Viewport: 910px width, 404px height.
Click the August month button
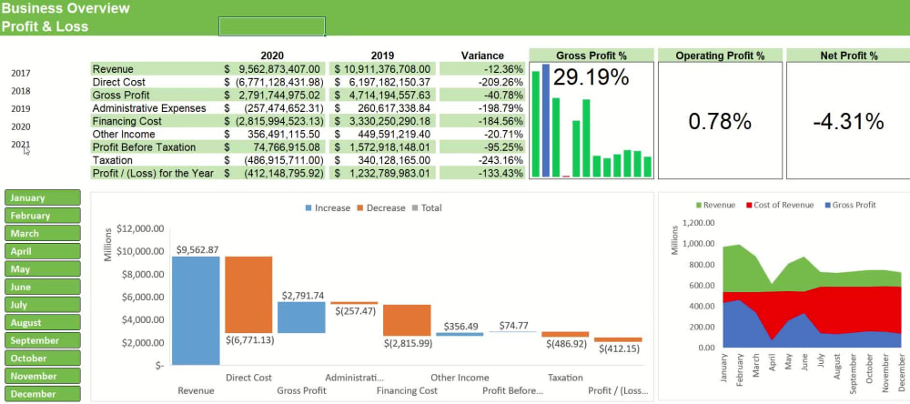click(x=42, y=322)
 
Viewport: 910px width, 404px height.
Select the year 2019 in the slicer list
click(x=21, y=109)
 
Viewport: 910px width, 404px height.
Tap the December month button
click(x=42, y=393)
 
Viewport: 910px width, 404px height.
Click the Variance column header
click(x=482, y=56)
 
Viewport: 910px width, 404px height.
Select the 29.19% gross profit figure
click(x=591, y=77)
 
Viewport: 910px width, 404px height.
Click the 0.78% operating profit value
click(x=719, y=121)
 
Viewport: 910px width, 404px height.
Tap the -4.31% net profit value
click(x=847, y=121)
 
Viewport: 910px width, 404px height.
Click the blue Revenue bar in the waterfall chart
click(x=196, y=309)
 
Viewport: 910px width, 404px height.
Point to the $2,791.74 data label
click(x=301, y=296)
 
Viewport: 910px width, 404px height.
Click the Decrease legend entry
click(x=380, y=207)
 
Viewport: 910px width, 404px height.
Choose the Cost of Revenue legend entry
click(x=780, y=205)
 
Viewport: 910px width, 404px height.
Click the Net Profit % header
click(x=847, y=56)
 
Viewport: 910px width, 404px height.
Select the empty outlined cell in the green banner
click(x=271, y=26)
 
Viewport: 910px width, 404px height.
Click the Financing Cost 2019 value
click(x=382, y=121)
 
